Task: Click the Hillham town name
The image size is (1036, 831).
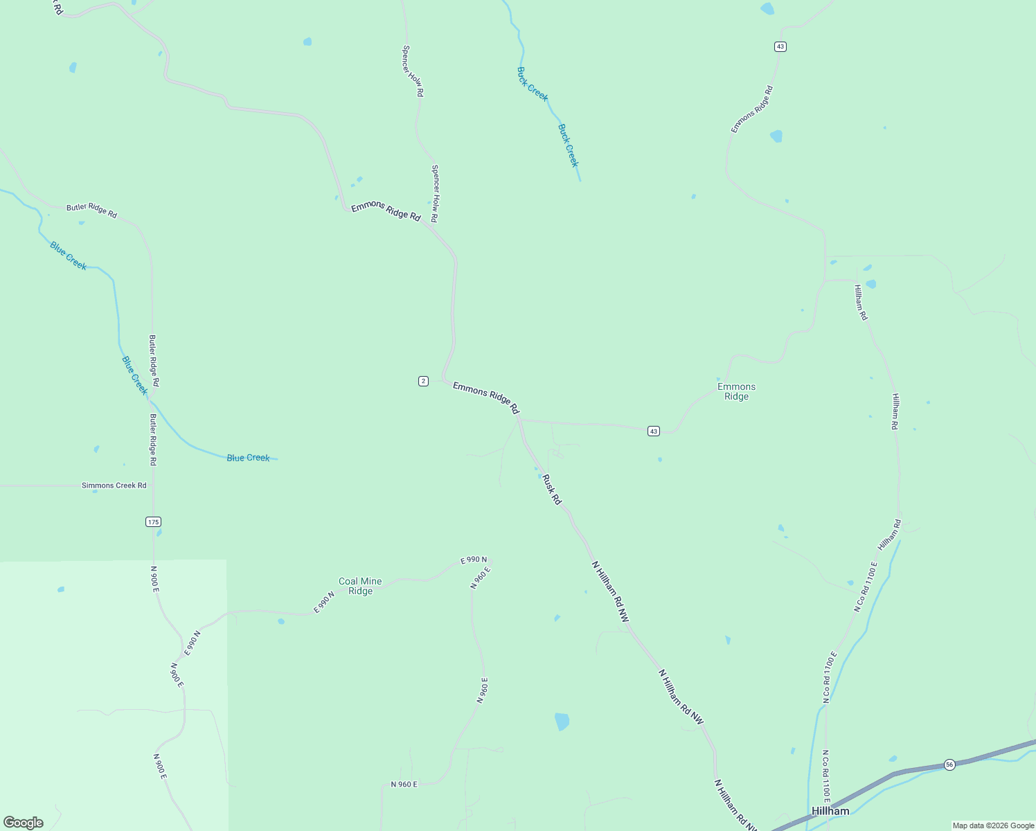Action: (x=830, y=811)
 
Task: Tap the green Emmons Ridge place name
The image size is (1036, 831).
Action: (x=736, y=392)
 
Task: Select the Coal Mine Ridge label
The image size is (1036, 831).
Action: (x=360, y=587)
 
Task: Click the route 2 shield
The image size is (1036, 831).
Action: (x=423, y=381)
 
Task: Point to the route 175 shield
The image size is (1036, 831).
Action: (x=154, y=521)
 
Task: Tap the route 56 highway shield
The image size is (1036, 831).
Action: (x=949, y=765)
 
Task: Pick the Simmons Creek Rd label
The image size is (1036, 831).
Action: (x=114, y=485)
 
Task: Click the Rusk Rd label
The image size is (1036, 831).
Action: (x=551, y=490)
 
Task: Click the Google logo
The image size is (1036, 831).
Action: (x=24, y=823)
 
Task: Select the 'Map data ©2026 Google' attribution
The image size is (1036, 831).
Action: (x=993, y=825)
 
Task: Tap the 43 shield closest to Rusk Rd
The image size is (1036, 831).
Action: (x=654, y=431)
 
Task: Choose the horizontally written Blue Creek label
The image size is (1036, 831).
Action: (x=248, y=458)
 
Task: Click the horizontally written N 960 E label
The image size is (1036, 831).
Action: (x=404, y=785)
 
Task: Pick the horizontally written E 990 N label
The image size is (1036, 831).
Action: (x=474, y=560)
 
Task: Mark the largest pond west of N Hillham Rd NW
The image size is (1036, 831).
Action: (x=562, y=722)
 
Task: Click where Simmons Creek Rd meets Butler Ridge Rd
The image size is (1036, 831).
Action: (x=153, y=485)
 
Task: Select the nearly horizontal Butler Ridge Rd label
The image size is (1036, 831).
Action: (x=91, y=211)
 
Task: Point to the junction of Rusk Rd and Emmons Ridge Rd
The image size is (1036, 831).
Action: (x=519, y=419)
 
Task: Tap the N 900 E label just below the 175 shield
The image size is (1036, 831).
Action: (x=155, y=578)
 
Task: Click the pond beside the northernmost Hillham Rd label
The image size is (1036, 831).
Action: (x=870, y=284)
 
